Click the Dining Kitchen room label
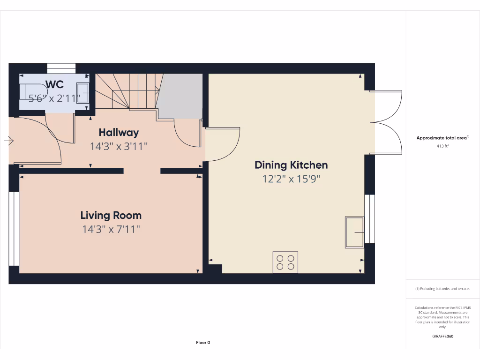coord(291,165)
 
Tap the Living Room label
coord(111,216)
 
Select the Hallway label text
coord(119,133)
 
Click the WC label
coord(54,85)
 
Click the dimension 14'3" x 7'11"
coord(111,229)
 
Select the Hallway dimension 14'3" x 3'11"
coord(119,146)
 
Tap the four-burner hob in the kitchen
coord(285,262)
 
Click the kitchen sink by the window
coord(354,232)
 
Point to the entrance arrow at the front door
coord(9,140)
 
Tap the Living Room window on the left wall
coord(14,228)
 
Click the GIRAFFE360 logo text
coord(442,336)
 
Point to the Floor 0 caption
coord(203,343)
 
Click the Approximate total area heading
coord(442,138)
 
